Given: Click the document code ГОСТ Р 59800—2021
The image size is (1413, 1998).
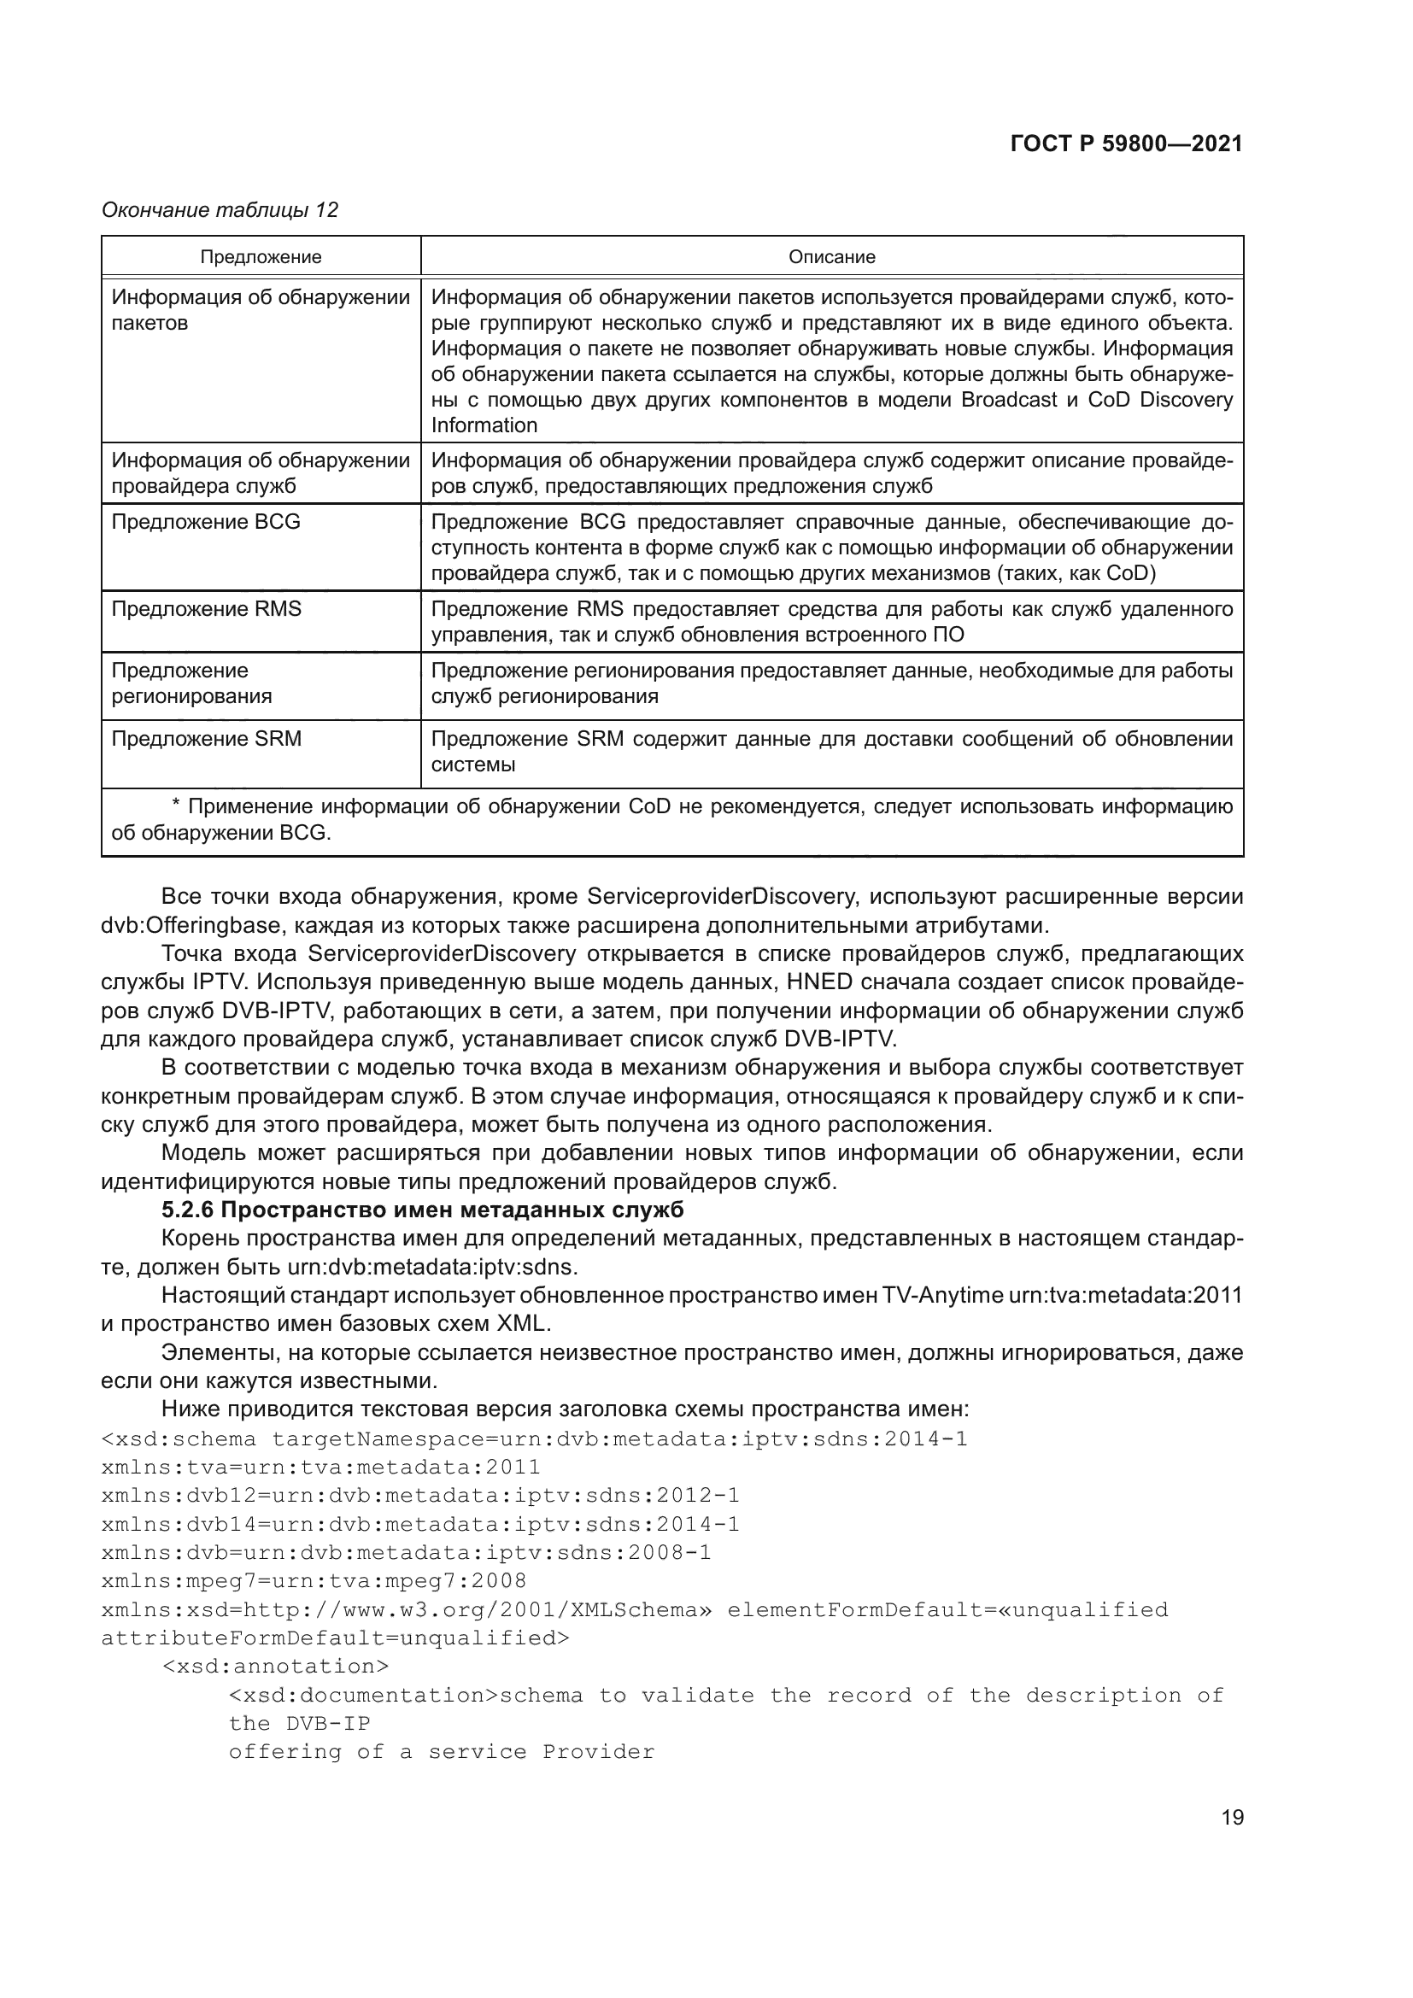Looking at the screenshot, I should [1126, 144].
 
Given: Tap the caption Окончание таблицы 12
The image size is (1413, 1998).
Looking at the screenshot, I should [220, 210].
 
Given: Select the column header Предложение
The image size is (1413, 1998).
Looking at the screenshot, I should [261, 257].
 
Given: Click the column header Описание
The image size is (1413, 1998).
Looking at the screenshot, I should [831, 257].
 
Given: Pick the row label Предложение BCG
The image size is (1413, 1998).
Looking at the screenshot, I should [205, 522].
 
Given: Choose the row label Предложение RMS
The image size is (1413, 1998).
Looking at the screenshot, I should [206, 609].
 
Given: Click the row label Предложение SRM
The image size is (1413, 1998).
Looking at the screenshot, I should [206, 739].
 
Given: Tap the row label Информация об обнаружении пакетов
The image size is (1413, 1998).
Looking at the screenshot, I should [261, 311].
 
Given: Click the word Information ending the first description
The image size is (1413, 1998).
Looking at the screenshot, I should [484, 425].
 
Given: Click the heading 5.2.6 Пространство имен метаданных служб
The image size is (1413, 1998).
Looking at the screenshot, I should [422, 1210].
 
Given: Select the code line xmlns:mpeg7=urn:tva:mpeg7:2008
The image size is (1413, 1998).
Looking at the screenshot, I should [314, 1579].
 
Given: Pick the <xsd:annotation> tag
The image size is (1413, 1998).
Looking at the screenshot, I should [275, 1666].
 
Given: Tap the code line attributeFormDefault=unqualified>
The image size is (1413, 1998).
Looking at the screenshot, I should [335, 1638].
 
